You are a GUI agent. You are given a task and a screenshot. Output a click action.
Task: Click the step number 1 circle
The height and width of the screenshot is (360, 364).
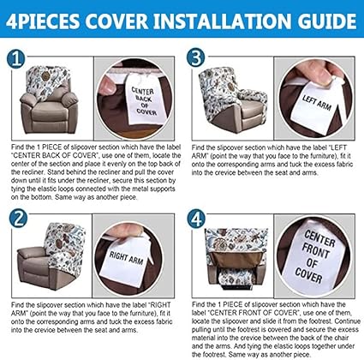[16, 59]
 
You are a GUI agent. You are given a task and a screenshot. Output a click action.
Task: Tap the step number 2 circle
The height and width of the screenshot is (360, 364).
[19, 219]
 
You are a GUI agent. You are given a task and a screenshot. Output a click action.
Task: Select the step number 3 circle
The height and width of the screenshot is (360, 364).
[196, 57]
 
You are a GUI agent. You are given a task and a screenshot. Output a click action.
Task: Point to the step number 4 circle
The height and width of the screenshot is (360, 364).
[196, 219]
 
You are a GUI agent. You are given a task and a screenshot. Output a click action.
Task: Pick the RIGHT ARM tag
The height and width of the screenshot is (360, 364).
[127, 260]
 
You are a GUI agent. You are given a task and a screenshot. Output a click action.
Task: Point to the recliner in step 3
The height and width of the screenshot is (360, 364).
[233, 101]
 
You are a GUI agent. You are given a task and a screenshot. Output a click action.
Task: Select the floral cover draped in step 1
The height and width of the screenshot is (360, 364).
[47, 81]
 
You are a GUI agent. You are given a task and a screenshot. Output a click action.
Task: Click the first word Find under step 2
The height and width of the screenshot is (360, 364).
[17, 305]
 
